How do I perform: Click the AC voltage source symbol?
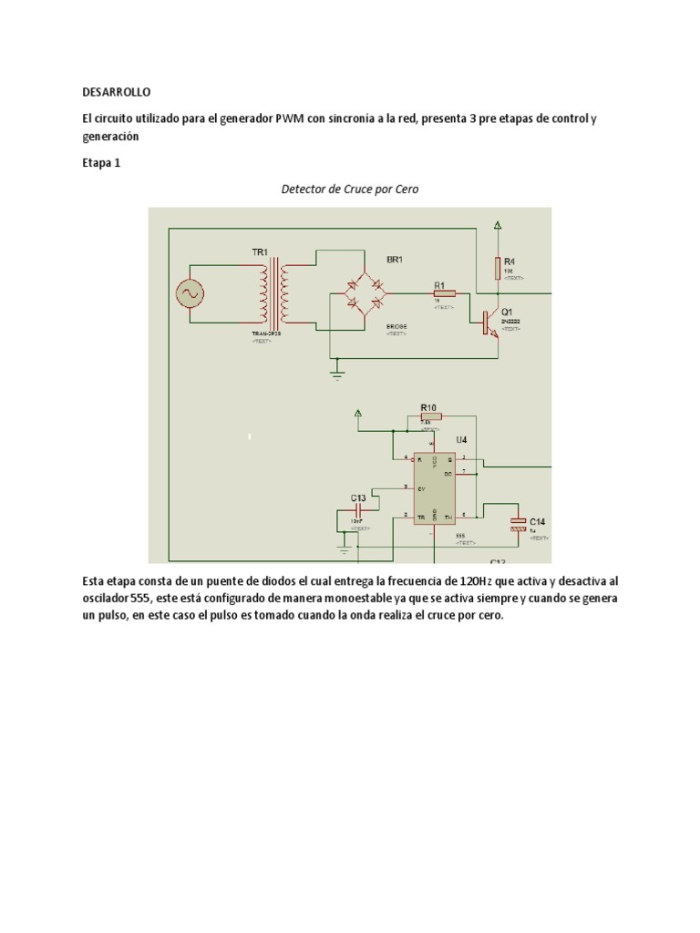[x=190, y=294]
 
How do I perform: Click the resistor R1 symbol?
[x=445, y=293]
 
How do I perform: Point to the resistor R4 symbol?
[x=498, y=268]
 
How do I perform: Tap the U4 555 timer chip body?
[x=435, y=488]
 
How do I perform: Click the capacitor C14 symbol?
[x=517, y=522]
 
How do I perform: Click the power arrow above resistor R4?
[x=498, y=225]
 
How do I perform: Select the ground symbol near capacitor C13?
[x=344, y=549]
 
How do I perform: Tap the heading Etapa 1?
[x=100, y=164]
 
